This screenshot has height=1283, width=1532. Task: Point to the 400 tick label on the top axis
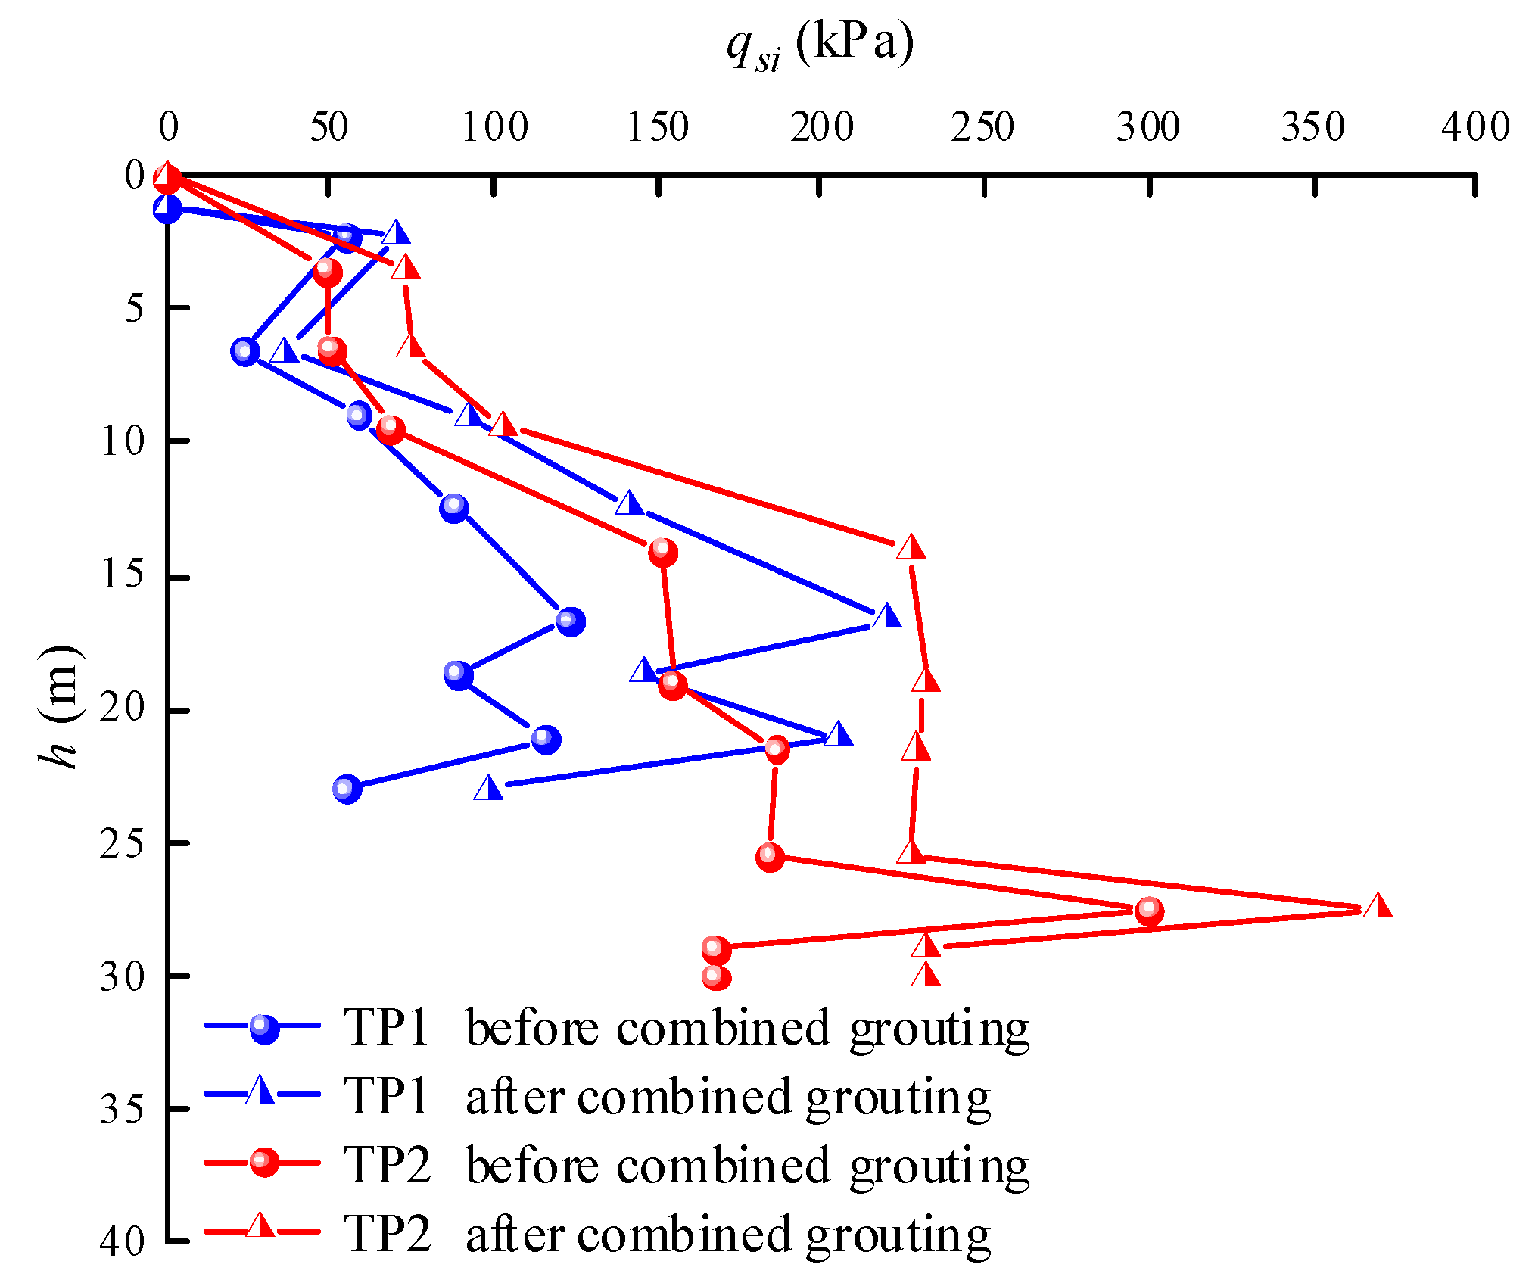(1475, 127)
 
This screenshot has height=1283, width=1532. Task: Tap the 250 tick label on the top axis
(982, 127)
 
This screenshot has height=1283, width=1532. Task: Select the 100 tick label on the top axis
(494, 127)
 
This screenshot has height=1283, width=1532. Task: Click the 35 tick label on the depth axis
(122, 1110)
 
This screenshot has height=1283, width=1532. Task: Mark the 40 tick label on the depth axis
(122, 1242)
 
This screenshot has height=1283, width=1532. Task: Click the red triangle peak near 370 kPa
(1378, 906)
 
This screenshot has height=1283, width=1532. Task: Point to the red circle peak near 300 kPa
(1149, 911)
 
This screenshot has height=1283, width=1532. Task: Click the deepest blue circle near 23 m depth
(347, 789)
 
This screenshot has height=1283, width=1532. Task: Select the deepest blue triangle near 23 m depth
(488, 789)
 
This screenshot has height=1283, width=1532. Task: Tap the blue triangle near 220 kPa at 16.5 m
(886, 616)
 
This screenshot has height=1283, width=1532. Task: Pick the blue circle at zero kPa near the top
(167, 208)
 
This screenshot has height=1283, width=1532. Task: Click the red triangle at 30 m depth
(926, 974)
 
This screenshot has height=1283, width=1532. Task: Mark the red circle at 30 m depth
(716, 977)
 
